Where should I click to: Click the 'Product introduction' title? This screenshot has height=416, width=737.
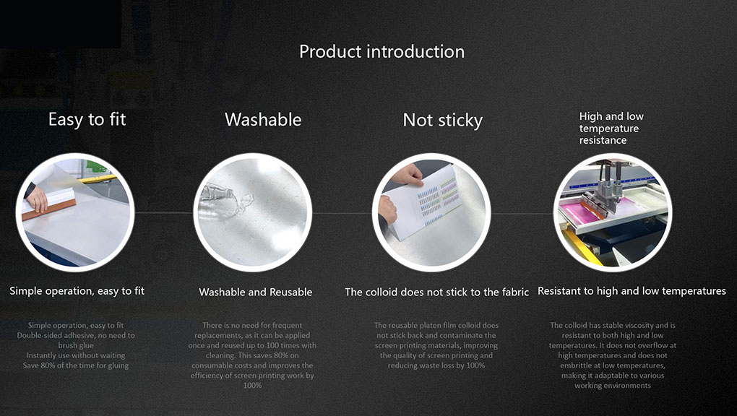[382, 51]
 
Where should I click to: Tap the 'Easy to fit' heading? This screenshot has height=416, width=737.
[87, 119]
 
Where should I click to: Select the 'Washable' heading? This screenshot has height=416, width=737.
[263, 119]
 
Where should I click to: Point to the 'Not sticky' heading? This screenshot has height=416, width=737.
[442, 121]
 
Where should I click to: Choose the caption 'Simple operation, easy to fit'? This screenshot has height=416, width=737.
[77, 291]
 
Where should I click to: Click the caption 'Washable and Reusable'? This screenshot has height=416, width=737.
[255, 292]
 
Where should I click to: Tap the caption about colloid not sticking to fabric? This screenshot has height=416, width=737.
[436, 292]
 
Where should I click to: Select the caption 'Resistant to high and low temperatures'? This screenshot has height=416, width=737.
[632, 291]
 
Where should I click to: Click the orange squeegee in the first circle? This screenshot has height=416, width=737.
[49, 209]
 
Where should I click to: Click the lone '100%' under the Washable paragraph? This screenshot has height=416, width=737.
[252, 386]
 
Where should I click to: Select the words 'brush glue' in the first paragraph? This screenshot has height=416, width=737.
[76, 345]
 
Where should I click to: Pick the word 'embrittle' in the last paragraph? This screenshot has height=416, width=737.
[576, 365]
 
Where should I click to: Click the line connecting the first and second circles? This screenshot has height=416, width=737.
[163, 213]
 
